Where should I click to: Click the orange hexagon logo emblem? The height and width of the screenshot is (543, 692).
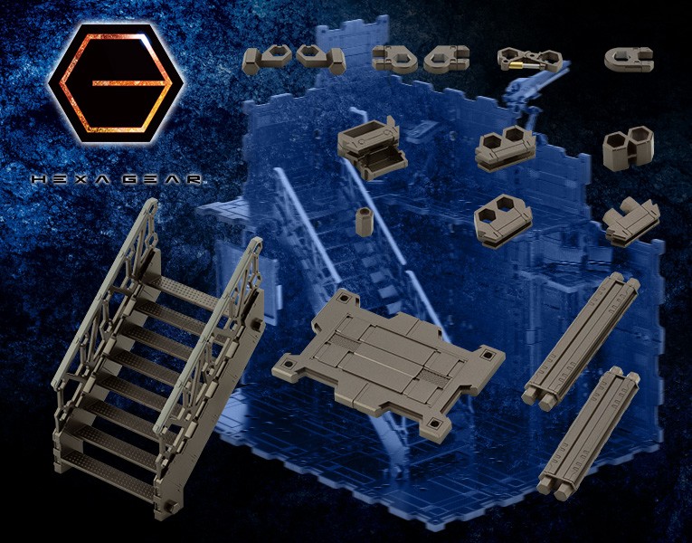[x=116, y=82]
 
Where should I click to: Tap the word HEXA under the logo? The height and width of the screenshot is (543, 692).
[x=66, y=179]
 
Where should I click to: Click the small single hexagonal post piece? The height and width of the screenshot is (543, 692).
[x=365, y=222]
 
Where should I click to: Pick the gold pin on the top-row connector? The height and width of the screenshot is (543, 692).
[x=515, y=66]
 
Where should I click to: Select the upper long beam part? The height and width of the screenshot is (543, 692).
[x=582, y=341]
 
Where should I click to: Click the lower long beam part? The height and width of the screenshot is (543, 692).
[x=588, y=433]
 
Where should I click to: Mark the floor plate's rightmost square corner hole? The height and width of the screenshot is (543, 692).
[x=487, y=355]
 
